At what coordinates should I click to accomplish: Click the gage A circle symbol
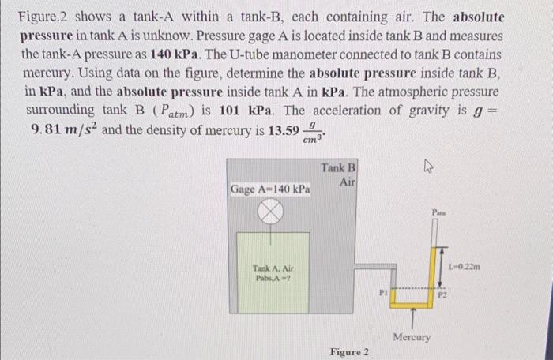tap(272, 211)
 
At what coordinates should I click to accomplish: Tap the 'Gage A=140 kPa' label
tap(270, 190)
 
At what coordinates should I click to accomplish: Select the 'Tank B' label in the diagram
tap(338, 168)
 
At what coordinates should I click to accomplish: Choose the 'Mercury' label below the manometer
tap(412, 337)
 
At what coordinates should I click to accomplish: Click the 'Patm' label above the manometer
tap(438, 212)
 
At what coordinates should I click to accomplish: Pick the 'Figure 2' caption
tap(348, 352)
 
